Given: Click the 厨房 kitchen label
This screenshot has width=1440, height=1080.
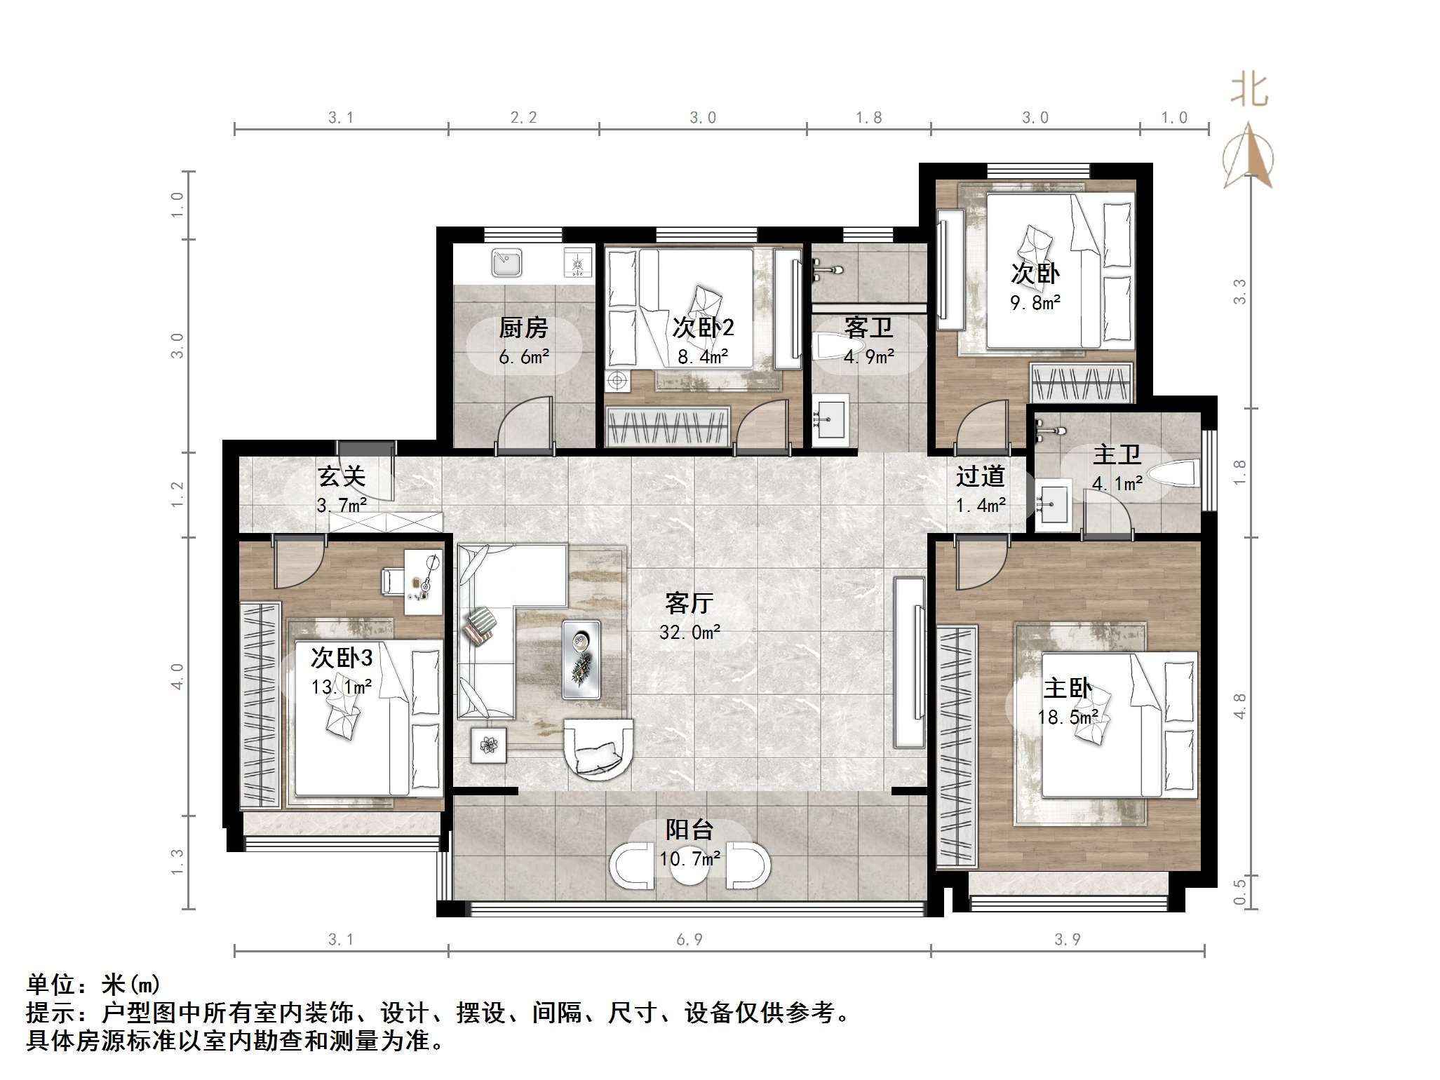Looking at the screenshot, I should coord(523,328).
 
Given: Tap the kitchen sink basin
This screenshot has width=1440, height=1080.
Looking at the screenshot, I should coord(506,264).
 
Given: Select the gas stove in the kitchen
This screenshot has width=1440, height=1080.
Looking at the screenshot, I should coord(578,264).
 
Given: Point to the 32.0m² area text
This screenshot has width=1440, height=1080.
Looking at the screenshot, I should coord(689,633).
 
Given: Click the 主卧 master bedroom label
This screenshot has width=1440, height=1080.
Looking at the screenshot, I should coord(1067,688).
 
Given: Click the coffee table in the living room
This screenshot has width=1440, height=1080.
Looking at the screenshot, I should coord(581,659).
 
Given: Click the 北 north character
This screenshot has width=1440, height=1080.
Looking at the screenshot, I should coord(1249,91).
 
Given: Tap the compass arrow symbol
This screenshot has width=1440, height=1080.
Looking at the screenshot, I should coord(1249,157).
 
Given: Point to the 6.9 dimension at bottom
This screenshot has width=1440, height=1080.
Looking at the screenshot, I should coord(689,940).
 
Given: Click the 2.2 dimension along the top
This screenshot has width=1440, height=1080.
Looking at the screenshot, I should coord(523,118).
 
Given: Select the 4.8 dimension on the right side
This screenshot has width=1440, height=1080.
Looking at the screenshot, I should coord(1239,706).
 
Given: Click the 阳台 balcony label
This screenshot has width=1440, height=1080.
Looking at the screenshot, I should coord(689,830).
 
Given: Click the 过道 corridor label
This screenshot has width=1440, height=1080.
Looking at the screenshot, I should coord(980,477).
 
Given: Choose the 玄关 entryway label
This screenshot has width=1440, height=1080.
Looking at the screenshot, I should coord(342,477).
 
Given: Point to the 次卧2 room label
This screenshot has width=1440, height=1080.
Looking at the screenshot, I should coord(703,328).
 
